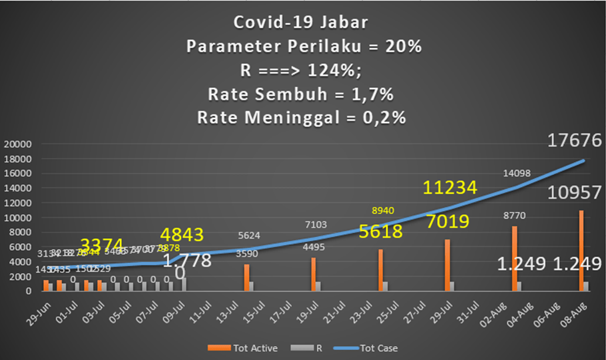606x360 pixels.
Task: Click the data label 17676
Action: point(575,140)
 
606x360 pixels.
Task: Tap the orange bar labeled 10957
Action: point(581,250)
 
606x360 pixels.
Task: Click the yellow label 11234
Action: point(454,190)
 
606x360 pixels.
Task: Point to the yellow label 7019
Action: point(448,222)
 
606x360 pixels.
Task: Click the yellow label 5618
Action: point(382,232)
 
